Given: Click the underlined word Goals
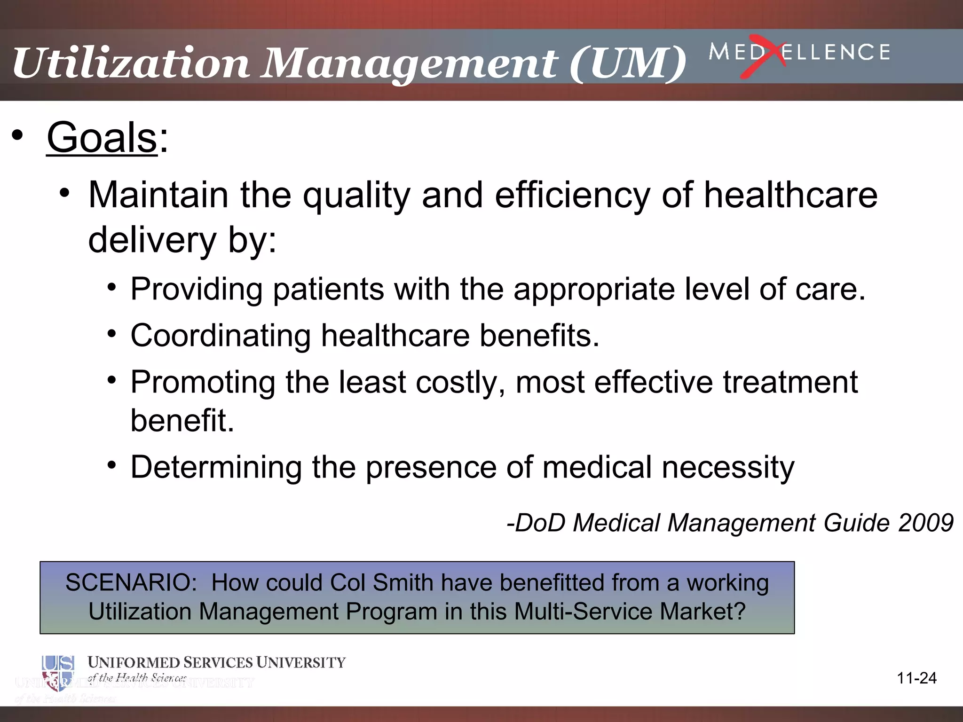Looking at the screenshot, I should coord(102,138).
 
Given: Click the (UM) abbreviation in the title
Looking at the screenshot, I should coord(628,63).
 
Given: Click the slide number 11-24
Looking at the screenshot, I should coord(916,678).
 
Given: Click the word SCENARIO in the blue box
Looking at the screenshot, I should coord(131,583).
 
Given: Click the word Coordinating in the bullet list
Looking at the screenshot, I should coord(221,336).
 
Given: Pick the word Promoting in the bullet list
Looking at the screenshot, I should coord(203,382).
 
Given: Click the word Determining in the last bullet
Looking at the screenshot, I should coord(216,467).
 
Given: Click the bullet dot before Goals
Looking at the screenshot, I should coord(17,136).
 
